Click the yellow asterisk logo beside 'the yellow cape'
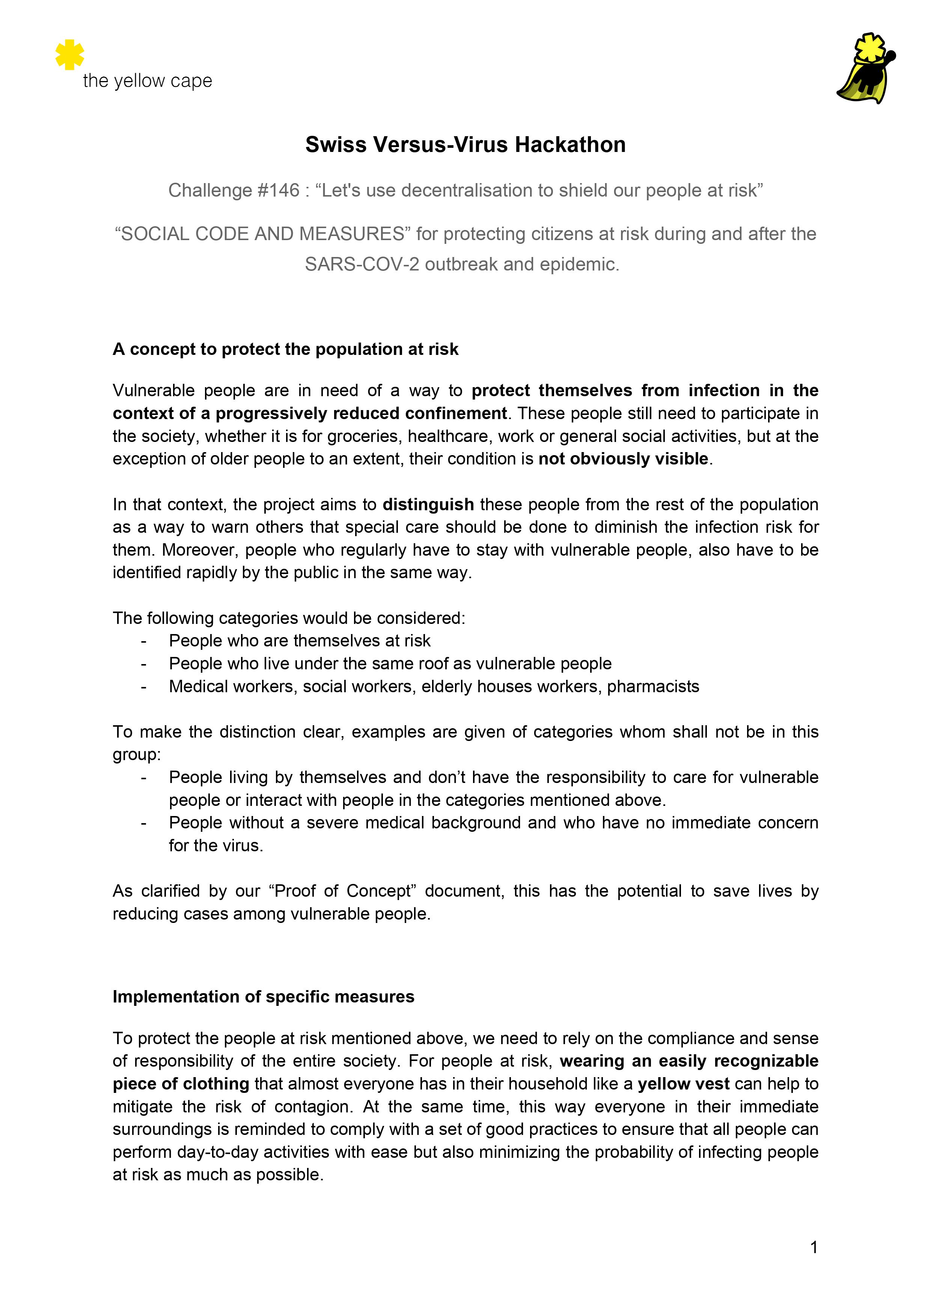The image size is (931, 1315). (x=69, y=54)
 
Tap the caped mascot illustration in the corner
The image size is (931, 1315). (x=866, y=69)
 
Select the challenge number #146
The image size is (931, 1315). (x=279, y=190)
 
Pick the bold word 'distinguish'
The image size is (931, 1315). (x=428, y=504)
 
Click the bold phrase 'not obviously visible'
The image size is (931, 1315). (x=623, y=459)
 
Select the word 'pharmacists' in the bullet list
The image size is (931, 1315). (x=653, y=687)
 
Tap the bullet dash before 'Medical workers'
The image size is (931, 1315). (x=144, y=687)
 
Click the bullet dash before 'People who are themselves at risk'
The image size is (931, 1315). (x=144, y=640)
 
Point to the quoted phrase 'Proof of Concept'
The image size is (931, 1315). (x=342, y=891)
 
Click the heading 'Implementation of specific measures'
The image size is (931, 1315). (x=263, y=996)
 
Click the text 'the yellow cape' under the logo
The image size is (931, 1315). (x=147, y=81)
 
